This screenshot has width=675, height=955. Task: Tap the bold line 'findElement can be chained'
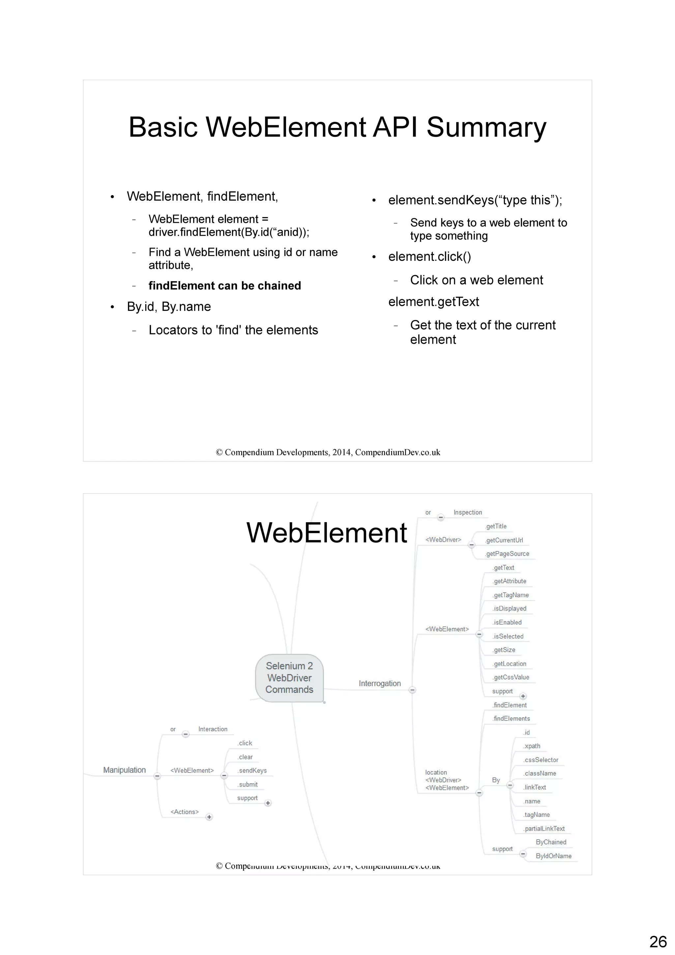tap(224, 286)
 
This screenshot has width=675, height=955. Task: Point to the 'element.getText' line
tap(433, 302)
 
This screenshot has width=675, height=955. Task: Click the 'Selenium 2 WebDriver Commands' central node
tap(289, 678)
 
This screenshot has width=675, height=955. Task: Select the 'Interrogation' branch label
tap(380, 683)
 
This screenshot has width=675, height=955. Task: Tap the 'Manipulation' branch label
tap(124, 770)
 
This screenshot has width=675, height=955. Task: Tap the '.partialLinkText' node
tap(544, 828)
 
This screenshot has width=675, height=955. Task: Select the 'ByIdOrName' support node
tap(554, 856)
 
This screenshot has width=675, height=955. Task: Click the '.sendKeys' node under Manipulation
tap(252, 770)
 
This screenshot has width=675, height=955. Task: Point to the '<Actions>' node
tap(185, 812)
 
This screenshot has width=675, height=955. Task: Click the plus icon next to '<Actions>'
tap(209, 817)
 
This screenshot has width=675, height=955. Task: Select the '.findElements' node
tap(511, 718)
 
